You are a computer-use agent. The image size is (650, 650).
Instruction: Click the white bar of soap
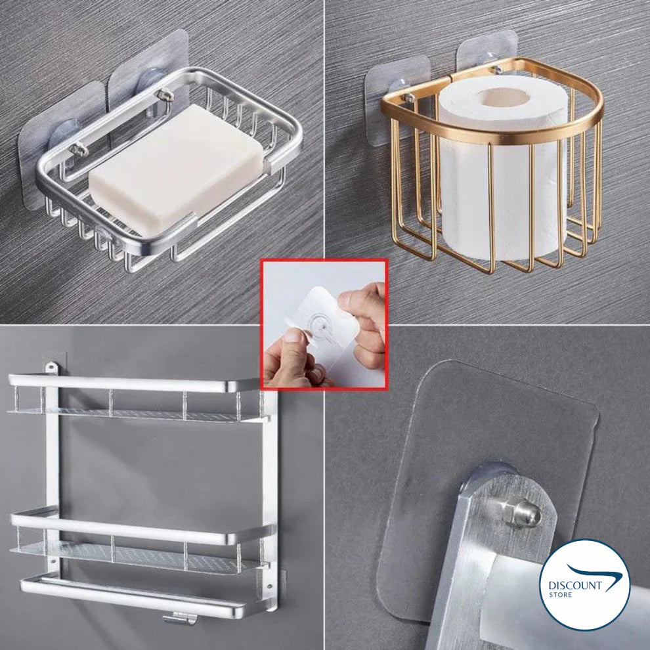pyautogui.click(x=176, y=170)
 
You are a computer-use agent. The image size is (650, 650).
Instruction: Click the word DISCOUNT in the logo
pyautogui.click(x=575, y=586)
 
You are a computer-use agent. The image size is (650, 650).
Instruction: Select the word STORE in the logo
pyautogui.click(x=560, y=594)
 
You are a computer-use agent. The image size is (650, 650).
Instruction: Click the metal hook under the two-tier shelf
pyautogui.click(x=179, y=619)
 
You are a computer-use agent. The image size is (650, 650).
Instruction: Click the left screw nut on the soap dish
pyautogui.click(x=79, y=149)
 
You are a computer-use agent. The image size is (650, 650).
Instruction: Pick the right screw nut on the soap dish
pyautogui.click(x=165, y=95)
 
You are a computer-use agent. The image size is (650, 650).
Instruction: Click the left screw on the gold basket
pyautogui.click(x=408, y=98)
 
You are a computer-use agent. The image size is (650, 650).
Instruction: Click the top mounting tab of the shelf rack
pyautogui.click(x=51, y=367)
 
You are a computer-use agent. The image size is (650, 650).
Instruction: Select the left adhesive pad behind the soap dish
pyautogui.click(x=62, y=145)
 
